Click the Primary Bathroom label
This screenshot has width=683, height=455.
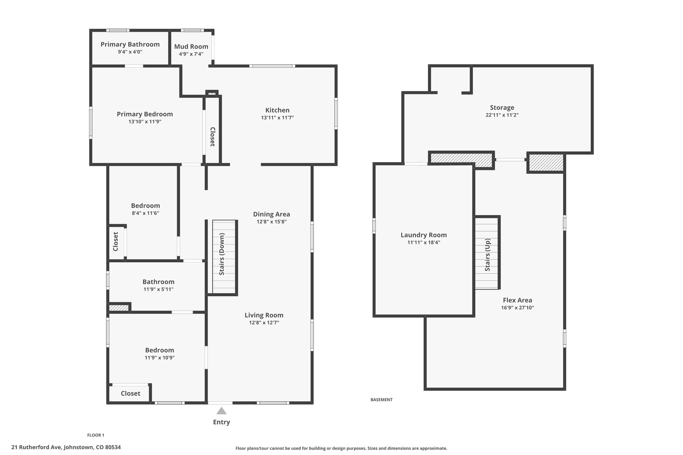(x=130, y=44)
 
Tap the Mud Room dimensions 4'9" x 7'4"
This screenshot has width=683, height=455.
(x=191, y=54)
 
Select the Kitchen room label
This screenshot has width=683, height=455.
(x=277, y=110)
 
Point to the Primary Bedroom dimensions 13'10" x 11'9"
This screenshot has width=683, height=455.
(x=145, y=122)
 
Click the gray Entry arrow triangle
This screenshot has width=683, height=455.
(x=221, y=411)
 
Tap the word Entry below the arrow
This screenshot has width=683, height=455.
(x=221, y=422)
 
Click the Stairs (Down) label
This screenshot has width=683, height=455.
(x=222, y=254)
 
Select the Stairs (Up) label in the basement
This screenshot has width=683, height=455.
(x=488, y=255)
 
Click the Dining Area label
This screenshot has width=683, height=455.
(x=271, y=214)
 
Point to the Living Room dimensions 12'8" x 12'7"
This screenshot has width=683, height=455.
(x=264, y=323)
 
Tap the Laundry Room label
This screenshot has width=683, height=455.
(x=424, y=235)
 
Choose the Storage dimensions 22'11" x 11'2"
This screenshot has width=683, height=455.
(x=502, y=115)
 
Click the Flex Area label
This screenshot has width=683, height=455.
(x=518, y=300)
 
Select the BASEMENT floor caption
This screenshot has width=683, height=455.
(x=382, y=400)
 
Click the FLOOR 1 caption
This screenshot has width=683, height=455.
(x=96, y=435)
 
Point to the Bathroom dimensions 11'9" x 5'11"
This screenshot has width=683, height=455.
(x=158, y=289)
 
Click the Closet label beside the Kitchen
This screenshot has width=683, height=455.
(x=212, y=137)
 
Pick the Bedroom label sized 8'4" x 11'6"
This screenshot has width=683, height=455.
(x=145, y=206)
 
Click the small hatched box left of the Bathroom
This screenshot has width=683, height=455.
(x=119, y=308)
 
